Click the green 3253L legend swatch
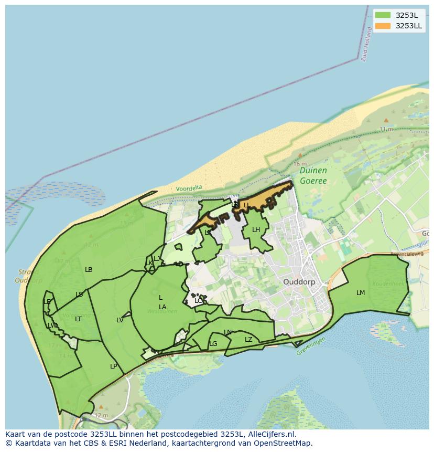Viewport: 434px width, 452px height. tap(383, 15)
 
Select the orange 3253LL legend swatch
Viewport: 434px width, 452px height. tap(383, 26)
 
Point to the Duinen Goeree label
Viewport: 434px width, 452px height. tap(313, 176)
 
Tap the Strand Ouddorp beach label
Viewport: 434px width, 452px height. tap(29, 276)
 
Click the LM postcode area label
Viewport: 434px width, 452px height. tap(361, 293)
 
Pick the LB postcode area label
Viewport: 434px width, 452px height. tap(89, 270)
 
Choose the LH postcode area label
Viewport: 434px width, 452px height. tap(256, 230)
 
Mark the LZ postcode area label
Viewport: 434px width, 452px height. tap(248, 340)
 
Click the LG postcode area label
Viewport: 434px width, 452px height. tap(213, 344)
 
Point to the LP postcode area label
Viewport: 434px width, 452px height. tap(114, 366)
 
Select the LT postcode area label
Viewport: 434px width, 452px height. tap(78, 319)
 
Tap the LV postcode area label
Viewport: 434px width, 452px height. tap(120, 320)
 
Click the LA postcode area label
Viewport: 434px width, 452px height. tap(162, 307)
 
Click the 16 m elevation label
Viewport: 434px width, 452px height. tap(300, 164)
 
